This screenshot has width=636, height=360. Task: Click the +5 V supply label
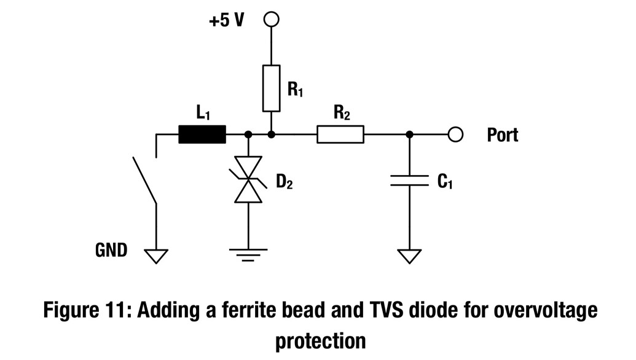click(x=226, y=20)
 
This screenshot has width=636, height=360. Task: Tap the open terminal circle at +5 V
click(x=271, y=20)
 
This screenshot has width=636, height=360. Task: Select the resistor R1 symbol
click(x=271, y=88)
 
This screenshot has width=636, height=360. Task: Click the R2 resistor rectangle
click(x=340, y=134)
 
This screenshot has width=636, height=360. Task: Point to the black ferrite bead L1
click(x=202, y=134)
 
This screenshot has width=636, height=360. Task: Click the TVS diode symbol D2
click(x=248, y=180)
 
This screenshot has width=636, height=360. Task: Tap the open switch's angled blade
click(x=144, y=180)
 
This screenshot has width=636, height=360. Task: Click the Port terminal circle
click(x=455, y=134)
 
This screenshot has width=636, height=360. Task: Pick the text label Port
click(x=502, y=135)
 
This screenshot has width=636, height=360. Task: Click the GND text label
click(x=111, y=250)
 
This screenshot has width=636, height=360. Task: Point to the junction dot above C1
click(x=410, y=134)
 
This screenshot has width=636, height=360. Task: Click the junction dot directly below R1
click(x=271, y=134)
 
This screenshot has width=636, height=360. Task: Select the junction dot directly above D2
click(x=248, y=134)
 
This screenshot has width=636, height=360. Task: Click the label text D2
click(x=284, y=182)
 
